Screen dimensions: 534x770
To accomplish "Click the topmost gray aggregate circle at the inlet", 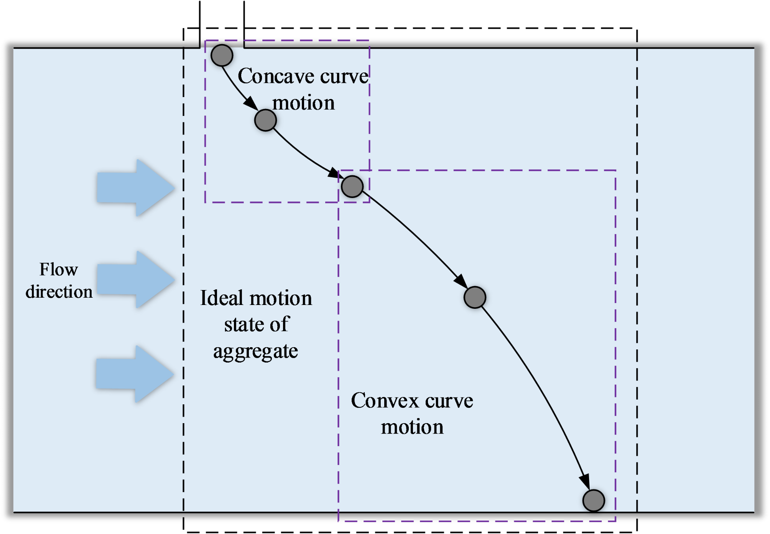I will pyautogui.click(x=222, y=55).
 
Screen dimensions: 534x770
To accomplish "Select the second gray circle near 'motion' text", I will pyautogui.click(x=265, y=120).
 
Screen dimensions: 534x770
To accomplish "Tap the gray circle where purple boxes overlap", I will pyautogui.click(x=352, y=186).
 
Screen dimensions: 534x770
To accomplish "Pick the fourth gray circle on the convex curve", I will pyautogui.click(x=475, y=297).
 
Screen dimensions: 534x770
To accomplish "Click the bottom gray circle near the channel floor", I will pyautogui.click(x=594, y=500).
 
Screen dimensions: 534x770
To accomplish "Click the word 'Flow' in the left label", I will pyautogui.click(x=59, y=269).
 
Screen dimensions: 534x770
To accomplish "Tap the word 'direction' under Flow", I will pyautogui.click(x=59, y=292).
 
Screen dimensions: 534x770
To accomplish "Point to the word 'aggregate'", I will pyautogui.click(x=255, y=351).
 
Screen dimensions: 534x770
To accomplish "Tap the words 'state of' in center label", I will pyautogui.click(x=257, y=325).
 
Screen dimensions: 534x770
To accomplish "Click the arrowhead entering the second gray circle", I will pyautogui.click(x=251, y=103).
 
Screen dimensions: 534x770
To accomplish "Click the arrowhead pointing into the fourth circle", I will pyautogui.click(x=461, y=281).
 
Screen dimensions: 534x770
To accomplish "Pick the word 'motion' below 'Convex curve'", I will pyautogui.click(x=412, y=427).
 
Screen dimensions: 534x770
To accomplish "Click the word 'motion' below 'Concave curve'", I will pyautogui.click(x=303, y=103).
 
